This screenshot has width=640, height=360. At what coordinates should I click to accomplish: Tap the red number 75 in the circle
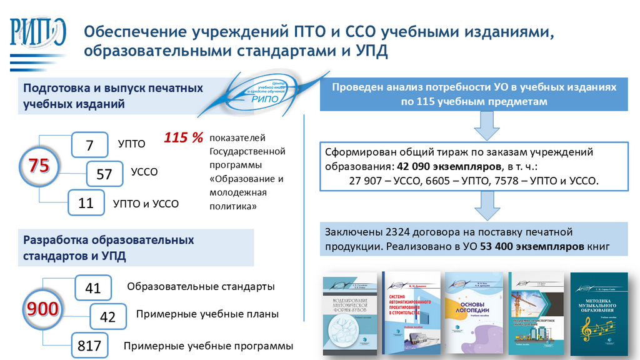(39, 166)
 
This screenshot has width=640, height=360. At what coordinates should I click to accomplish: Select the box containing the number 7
(89, 145)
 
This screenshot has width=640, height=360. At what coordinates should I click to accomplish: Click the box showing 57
(104, 174)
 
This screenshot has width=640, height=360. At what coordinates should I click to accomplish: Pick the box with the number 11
(86, 202)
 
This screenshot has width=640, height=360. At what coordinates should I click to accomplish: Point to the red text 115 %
(184, 137)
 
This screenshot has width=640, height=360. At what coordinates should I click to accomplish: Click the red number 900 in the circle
(42, 309)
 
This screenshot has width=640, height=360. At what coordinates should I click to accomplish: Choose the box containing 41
(92, 288)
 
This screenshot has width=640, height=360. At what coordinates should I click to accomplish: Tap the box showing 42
(107, 317)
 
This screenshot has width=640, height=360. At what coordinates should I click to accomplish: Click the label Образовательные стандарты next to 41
(201, 287)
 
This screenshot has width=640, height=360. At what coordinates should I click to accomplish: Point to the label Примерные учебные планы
(207, 314)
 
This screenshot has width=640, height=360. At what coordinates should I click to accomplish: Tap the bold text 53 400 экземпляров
(532, 246)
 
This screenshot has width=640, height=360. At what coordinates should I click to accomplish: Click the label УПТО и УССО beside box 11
(146, 203)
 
